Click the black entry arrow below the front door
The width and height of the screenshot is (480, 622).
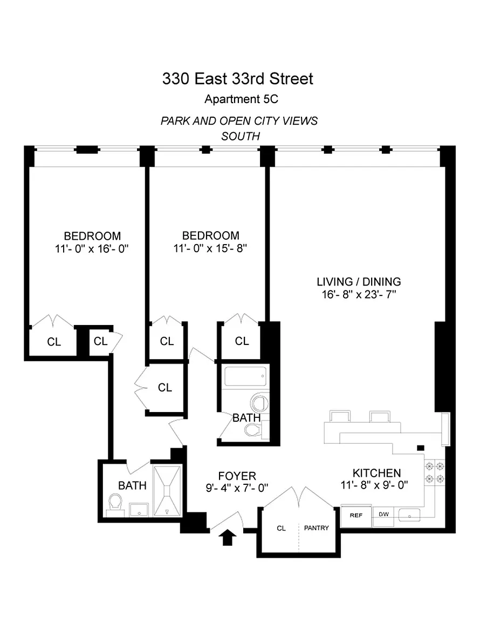pos(228,538)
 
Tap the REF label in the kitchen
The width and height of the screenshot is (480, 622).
pos(356,515)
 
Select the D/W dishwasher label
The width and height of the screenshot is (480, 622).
pos(383,514)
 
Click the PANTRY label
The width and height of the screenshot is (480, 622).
pos(316,528)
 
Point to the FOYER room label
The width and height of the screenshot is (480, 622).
pos(237,476)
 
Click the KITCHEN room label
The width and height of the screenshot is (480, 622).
pos(376,473)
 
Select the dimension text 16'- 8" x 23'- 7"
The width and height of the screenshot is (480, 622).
pos(359,294)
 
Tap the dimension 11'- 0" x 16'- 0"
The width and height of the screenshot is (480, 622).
pos(92,249)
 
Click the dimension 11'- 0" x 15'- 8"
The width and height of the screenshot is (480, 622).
pos(210,248)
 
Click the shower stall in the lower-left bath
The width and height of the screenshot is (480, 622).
pos(167,491)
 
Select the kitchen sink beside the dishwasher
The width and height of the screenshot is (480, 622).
pos(409,515)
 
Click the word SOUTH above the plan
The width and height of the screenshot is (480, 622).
pos(241,136)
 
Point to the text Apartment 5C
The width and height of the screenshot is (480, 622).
pos(241,99)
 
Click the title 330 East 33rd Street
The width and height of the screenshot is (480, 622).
pos(238,78)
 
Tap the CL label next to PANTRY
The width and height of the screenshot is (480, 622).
pos(281,528)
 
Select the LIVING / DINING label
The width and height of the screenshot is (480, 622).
pos(359,282)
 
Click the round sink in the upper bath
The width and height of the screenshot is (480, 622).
pos(259,403)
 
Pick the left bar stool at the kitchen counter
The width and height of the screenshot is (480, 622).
pos(340,416)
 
